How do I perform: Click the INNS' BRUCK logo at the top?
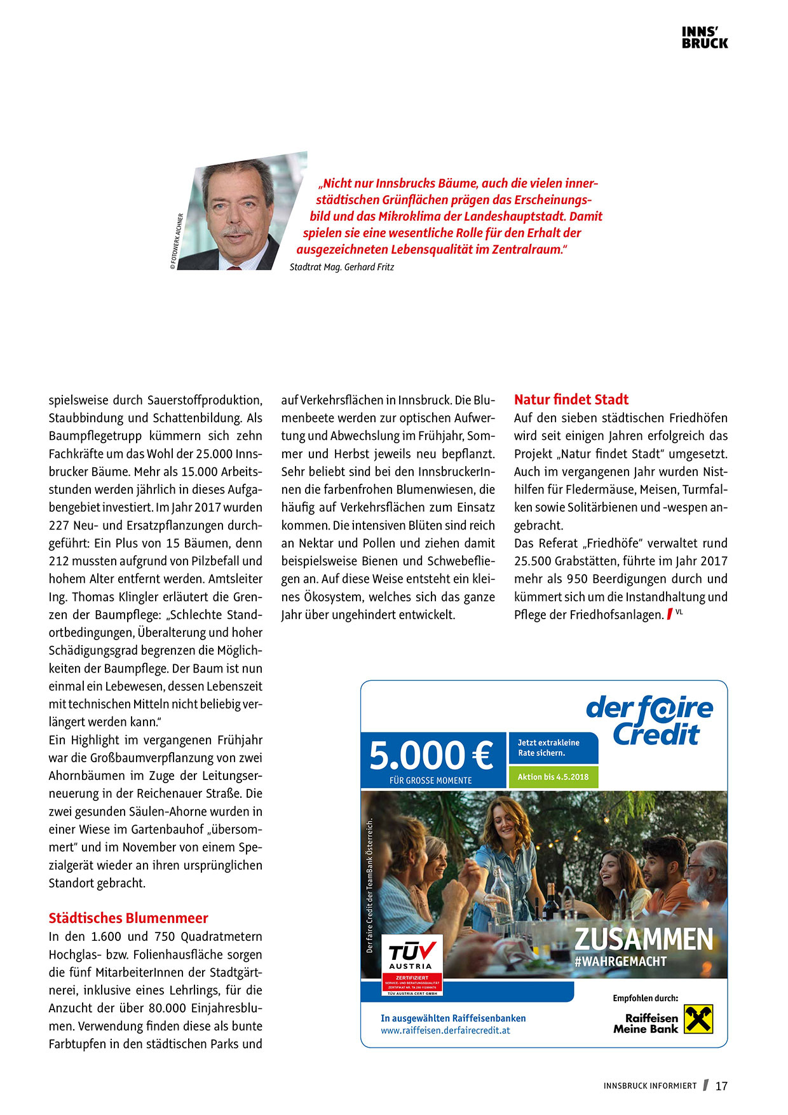(705, 38)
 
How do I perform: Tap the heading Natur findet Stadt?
(571, 400)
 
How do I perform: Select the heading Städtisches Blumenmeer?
(128, 918)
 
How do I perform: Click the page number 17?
(721, 1086)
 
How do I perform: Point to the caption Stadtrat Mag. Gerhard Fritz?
(341, 267)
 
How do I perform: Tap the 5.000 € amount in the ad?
(431, 756)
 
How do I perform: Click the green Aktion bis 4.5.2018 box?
(553, 777)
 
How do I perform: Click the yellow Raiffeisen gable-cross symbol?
(698, 1018)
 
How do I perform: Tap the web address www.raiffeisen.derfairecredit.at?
(445, 1030)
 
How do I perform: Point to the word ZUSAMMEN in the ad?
(644, 940)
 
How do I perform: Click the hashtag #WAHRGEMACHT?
(620, 962)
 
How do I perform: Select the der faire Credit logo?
(649, 720)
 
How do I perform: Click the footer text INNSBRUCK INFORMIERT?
(649, 1086)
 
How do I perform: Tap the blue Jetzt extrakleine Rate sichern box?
(553, 748)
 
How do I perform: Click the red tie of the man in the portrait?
(234, 268)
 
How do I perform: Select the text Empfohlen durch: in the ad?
(645, 998)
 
